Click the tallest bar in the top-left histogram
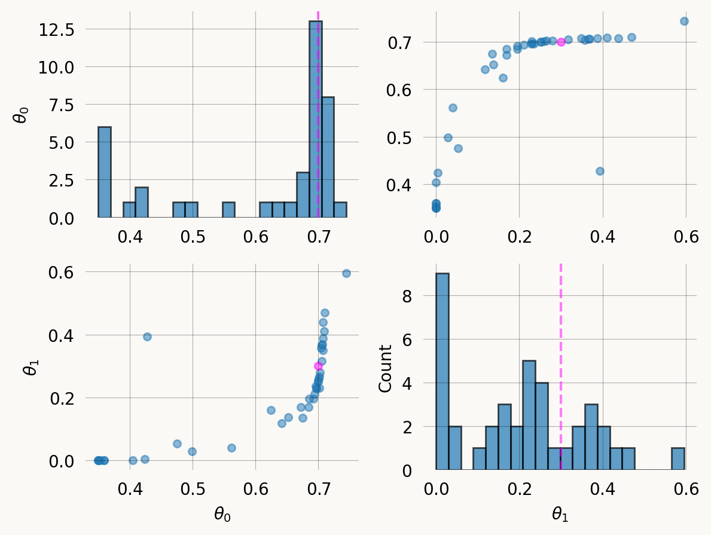point(315,120)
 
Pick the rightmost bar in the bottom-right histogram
point(678,459)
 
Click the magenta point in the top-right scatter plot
point(561,42)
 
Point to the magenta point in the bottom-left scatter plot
point(318,366)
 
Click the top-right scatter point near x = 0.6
point(684,22)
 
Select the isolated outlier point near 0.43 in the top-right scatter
point(600,171)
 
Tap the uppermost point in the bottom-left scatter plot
point(346,273)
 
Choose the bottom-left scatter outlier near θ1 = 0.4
point(147,337)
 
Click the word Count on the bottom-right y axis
point(385,368)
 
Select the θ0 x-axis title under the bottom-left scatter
point(222,514)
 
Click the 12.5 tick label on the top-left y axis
point(56,29)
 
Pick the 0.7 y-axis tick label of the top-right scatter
point(401,42)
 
